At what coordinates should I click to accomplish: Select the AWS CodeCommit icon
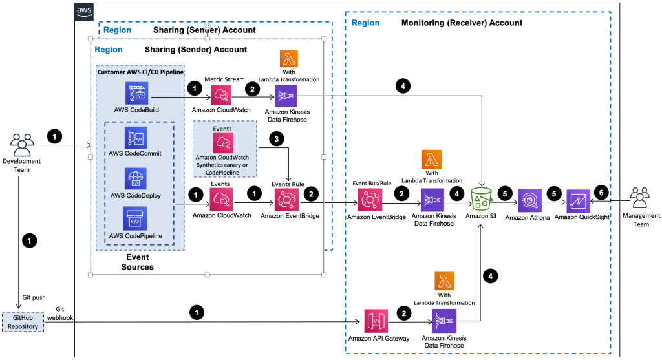click(x=136, y=138)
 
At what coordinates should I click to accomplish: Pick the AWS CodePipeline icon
click(x=136, y=219)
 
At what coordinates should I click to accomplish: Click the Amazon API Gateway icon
click(x=376, y=321)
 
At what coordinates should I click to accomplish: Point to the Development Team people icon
click(x=22, y=143)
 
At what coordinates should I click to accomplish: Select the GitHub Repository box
click(x=22, y=322)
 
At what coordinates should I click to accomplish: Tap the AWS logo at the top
click(x=85, y=11)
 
